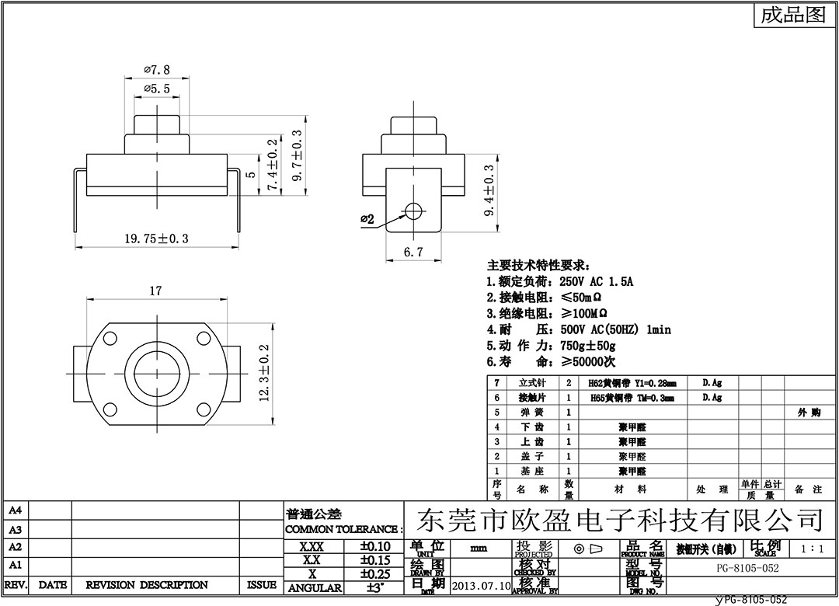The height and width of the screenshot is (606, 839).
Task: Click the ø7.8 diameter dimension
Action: pyautogui.click(x=157, y=70)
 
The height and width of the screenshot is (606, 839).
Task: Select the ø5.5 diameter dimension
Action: pyautogui.click(x=157, y=89)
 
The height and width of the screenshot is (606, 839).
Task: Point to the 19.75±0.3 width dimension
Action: pyautogui.click(x=157, y=239)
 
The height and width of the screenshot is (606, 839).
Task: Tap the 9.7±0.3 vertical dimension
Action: pyautogui.click(x=296, y=155)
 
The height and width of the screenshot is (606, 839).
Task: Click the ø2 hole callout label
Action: pyautogui.click(x=367, y=220)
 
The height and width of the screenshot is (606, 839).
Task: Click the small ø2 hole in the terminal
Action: pyautogui.click(x=413, y=210)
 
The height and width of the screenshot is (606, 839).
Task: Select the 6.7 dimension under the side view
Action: pyautogui.click(x=413, y=252)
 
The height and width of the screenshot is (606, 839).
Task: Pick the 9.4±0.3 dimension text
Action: pyautogui.click(x=489, y=191)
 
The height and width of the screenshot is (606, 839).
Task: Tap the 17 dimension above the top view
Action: pyautogui.click(x=155, y=291)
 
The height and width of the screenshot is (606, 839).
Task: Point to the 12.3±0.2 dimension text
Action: pyautogui.click(x=263, y=374)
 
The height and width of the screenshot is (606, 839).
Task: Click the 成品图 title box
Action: pyautogui.click(x=792, y=16)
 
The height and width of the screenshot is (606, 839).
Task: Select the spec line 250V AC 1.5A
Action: pyautogui.click(x=559, y=282)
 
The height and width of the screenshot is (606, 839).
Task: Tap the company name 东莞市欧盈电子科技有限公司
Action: pyautogui.click(x=620, y=518)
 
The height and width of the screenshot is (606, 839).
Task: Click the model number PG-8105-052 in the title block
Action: pyautogui.click(x=747, y=568)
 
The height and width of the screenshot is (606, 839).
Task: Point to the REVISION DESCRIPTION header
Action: pyautogui.click(x=147, y=585)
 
